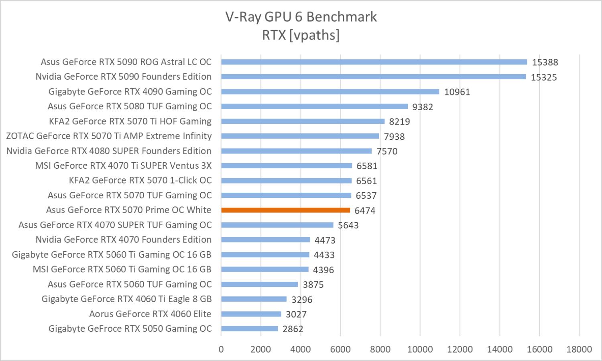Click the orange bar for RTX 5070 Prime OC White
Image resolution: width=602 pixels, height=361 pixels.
point(285,210)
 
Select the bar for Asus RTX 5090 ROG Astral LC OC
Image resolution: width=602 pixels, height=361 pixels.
point(374,62)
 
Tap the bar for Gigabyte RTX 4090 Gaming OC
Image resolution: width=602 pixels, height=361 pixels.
point(330,92)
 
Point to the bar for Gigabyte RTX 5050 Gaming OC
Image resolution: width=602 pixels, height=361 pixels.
point(249,329)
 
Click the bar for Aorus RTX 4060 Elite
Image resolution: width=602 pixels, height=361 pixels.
point(251,314)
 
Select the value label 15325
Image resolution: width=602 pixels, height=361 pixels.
point(544,77)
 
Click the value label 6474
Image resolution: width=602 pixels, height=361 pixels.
point(365,211)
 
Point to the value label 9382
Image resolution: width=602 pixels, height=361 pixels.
point(423,107)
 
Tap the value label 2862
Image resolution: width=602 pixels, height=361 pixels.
point(293,329)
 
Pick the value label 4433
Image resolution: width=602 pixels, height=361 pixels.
point(324,255)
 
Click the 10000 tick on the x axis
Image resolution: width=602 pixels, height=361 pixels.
point(420,349)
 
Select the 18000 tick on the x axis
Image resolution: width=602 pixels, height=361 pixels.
point(579,349)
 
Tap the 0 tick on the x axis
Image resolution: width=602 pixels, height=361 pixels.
point(221,349)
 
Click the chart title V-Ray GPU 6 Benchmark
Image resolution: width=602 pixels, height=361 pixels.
point(301,17)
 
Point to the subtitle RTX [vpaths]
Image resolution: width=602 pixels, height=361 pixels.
point(301,35)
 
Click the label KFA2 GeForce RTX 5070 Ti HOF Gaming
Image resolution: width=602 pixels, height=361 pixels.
point(130,121)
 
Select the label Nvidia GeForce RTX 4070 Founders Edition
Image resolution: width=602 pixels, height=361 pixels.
point(124,240)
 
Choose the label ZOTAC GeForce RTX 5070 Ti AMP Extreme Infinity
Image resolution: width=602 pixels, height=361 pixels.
point(109,136)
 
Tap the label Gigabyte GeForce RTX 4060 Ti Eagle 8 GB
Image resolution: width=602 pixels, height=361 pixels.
point(126,299)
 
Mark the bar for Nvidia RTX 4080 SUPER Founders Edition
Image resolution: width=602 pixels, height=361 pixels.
point(296,151)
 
